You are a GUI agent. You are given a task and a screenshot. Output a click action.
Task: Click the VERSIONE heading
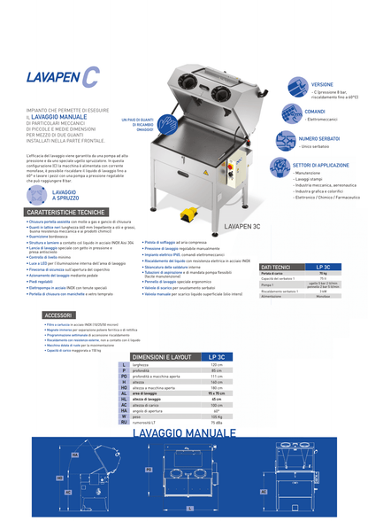point(321,84)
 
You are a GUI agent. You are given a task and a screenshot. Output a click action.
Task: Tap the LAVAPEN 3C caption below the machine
point(241,227)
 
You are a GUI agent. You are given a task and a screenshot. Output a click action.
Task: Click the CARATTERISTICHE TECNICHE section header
point(67,214)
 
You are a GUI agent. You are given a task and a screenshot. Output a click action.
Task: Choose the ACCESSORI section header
point(59,315)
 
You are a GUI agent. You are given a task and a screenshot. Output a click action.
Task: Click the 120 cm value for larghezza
point(216,364)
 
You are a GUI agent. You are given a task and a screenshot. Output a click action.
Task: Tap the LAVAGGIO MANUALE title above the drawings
point(187,432)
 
